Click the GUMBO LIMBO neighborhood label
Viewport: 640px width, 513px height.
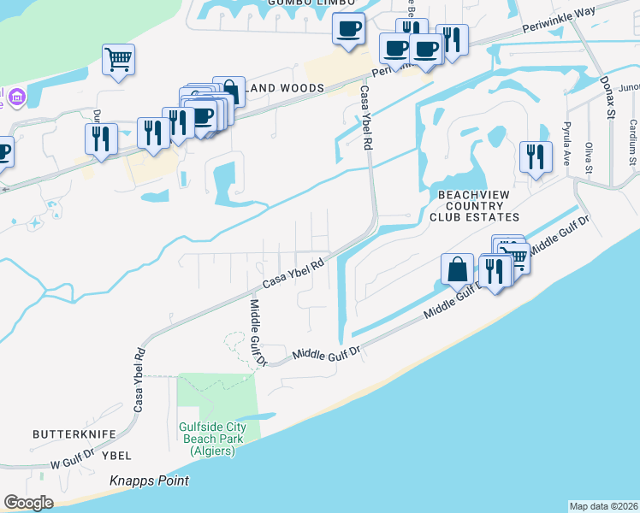[299, 3]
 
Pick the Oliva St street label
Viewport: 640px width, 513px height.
[589, 156]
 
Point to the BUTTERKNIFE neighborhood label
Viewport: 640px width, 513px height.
[74, 434]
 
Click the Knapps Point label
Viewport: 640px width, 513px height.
[149, 481]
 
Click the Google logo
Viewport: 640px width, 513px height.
[29, 503]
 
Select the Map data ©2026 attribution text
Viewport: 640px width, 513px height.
[603, 505]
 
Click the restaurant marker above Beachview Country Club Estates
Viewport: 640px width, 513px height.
[536, 156]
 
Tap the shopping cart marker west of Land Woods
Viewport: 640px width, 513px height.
[118, 59]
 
